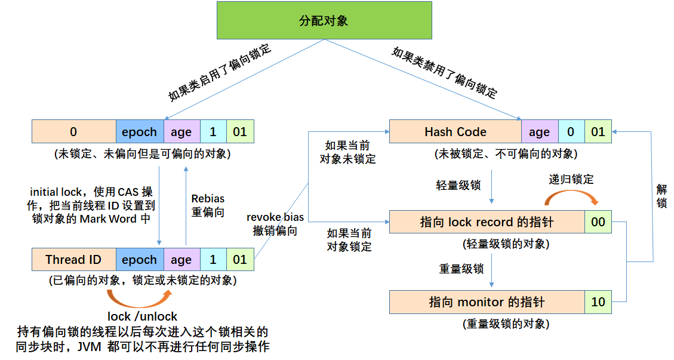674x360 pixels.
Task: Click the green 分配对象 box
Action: (323, 21)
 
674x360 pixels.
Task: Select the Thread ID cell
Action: (73, 260)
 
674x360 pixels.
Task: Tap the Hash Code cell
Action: (455, 132)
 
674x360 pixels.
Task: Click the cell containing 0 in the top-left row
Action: (73, 132)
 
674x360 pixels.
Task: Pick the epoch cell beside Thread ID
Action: (139, 260)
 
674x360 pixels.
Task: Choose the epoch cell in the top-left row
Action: (139, 132)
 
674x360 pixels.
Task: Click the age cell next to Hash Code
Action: (539, 132)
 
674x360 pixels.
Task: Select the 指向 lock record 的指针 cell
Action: (487, 222)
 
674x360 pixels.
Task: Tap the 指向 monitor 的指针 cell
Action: (487, 302)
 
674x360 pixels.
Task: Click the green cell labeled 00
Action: (598, 222)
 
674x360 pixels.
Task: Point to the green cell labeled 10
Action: (598, 302)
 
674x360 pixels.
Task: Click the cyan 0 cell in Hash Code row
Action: (571, 132)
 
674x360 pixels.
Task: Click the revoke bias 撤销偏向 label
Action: (275, 224)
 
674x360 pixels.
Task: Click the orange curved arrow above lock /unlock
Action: (139, 298)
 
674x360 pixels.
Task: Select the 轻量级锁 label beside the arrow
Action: (458, 185)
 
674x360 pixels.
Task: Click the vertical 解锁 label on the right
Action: (661, 196)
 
